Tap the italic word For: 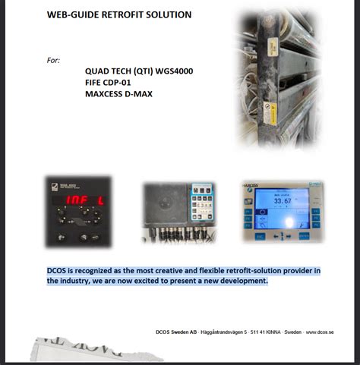point(53,60)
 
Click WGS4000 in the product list point(193,71)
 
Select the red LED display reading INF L point(81,200)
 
